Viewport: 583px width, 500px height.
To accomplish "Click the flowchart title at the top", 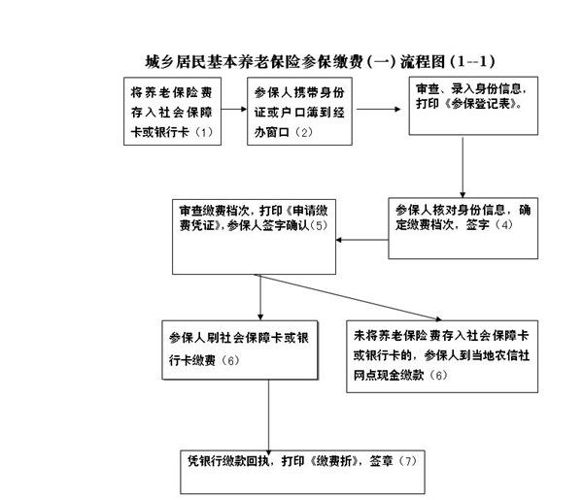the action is [320, 62].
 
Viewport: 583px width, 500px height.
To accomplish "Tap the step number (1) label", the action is [203, 132].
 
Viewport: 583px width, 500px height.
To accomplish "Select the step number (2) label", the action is [303, 132].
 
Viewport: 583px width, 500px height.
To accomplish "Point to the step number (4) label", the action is [503, 224].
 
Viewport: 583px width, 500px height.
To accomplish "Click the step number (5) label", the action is [319, 225].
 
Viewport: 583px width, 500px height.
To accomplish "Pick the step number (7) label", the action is [407, 461].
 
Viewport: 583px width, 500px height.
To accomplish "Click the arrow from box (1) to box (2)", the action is [234, 109].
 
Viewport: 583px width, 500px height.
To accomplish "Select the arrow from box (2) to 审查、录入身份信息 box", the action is [379, 109].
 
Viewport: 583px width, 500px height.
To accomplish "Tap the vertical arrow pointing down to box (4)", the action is [463, 168].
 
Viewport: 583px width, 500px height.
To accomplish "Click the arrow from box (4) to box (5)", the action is [362, 240].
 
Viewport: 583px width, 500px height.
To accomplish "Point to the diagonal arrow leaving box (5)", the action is [349, 297].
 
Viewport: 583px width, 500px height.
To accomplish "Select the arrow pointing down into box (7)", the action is [268, 417].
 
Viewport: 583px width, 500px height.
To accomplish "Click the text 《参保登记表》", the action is [483, 104].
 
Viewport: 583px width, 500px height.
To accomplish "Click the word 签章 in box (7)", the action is [381, 461].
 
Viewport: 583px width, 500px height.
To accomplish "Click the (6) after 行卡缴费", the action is [230, 360].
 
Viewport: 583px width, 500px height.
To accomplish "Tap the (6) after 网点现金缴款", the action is [438, 375].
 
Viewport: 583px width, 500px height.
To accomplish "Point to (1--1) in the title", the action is [472, 62].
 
